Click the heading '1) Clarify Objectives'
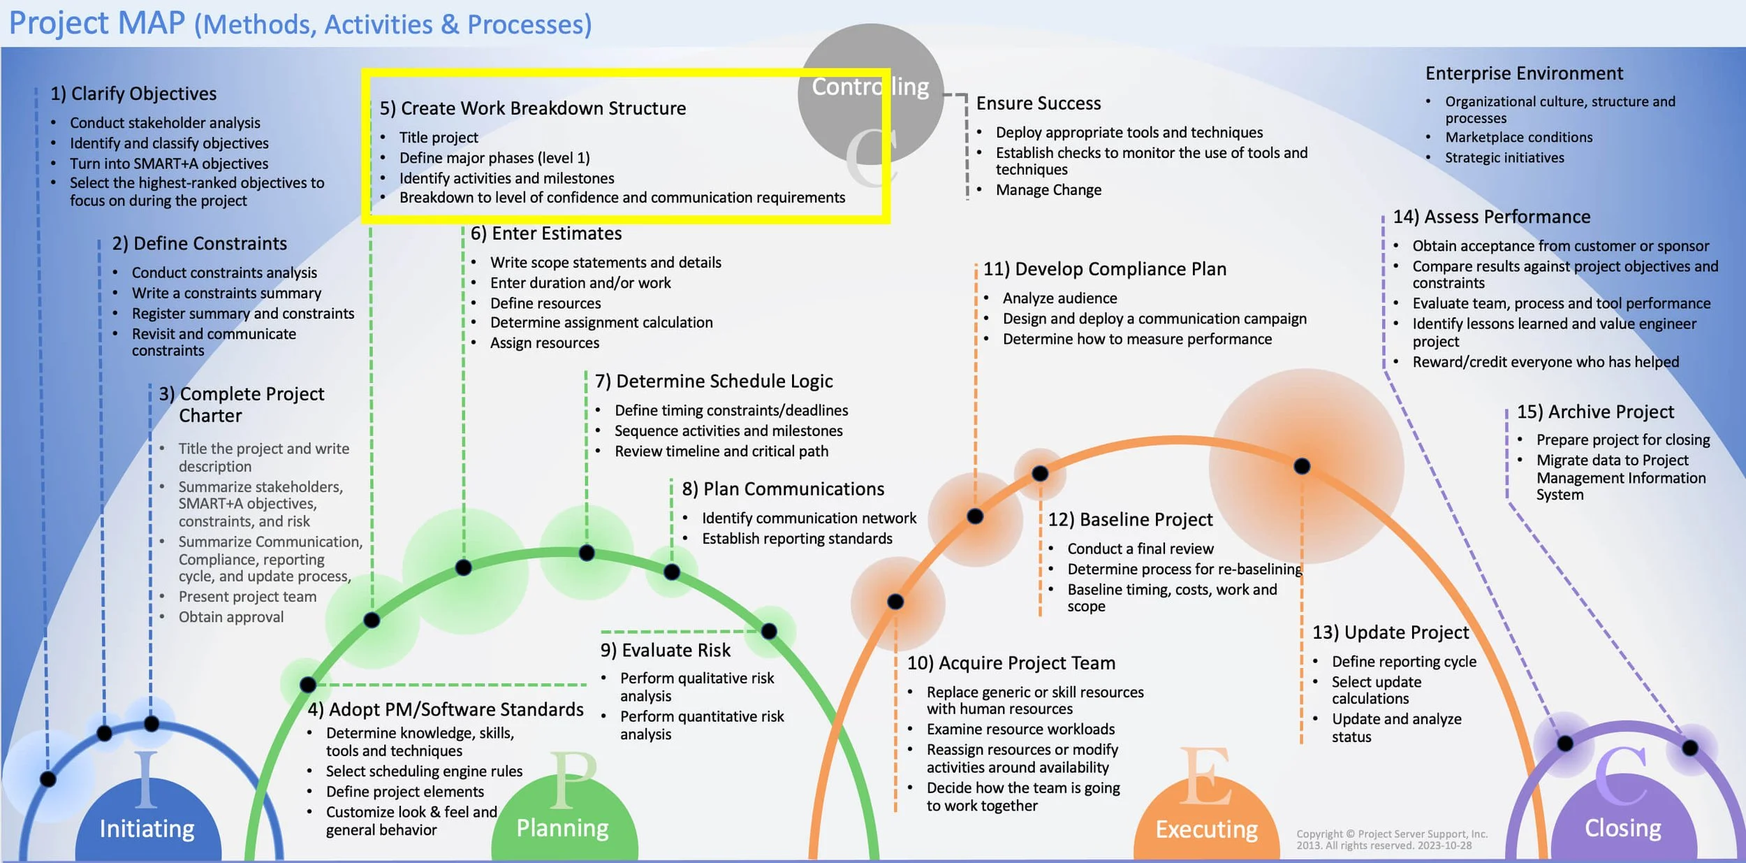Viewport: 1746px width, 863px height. coord(133,94)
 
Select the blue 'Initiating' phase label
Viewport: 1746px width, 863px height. coord(147,829)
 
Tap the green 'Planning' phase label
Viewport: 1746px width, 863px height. coord(562,828)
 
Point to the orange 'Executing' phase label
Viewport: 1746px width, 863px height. coord(1206,829)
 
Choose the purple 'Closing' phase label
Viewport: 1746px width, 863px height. coord(1622,828)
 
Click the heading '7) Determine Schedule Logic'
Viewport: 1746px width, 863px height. coord(713,382)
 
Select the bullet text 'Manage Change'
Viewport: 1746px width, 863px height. coord(1048,190)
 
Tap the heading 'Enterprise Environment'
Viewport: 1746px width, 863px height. coord(1524,73)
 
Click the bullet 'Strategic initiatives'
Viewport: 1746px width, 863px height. coord(1504,158)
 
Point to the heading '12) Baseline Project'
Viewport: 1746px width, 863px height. coord(1130,520)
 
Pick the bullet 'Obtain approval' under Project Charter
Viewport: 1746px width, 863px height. coord(230,617)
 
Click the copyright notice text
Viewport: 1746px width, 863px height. coord(1391,839)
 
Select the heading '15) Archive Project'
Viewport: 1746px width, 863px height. coord(1595,412)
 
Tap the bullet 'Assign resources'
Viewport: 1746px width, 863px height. coord(544,343)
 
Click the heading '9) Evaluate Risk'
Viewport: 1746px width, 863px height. coord(665,651)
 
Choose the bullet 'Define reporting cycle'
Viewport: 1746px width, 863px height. coord(1404,662)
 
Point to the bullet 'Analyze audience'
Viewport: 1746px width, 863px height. coord(1059,298)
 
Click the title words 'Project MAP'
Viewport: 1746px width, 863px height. coord(97,23)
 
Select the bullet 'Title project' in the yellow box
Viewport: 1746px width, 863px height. coord(439,138)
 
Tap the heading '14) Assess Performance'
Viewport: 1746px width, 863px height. coord(1491,217)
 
